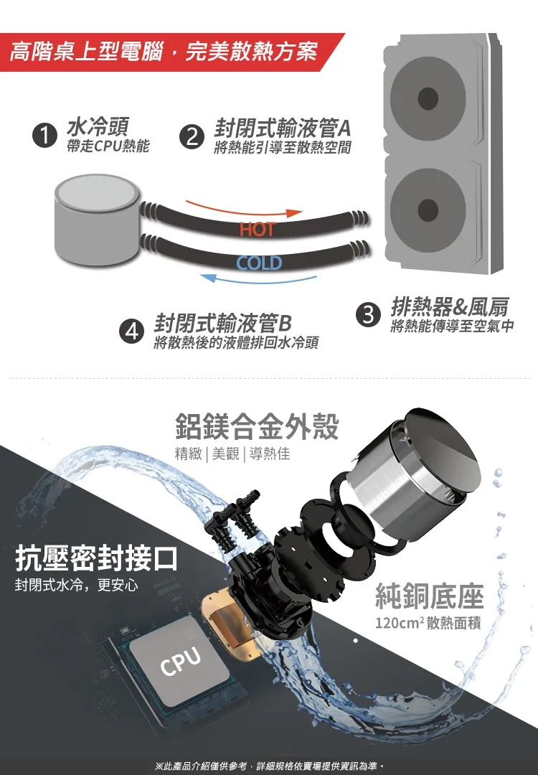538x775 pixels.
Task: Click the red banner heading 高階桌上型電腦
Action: click(x=87, y=52)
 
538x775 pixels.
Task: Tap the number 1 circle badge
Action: click(x=44, y=136)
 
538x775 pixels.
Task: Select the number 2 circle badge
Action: click(x=192, y=137)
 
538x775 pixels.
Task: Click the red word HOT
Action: click(x=257, y=230)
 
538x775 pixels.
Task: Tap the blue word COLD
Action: click(x=259, y=263)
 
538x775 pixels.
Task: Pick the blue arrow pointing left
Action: click(x=260, y=278)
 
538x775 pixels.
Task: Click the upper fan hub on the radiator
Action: click(x=428, y=98)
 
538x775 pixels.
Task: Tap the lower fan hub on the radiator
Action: click(x=428, y=210)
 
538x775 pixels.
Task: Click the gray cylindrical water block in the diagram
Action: click(x=96, y=219)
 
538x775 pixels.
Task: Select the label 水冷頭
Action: click(x=98, y=126)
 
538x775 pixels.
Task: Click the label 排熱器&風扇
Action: click(x=450, y=307)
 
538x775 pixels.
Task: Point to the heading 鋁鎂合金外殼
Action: click(x=257, y=426)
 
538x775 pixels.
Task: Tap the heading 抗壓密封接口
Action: click(x=96, y=558)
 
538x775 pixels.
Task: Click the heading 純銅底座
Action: click(x=429, y=596)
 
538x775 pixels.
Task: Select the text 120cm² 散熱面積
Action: click(x=428, y=622)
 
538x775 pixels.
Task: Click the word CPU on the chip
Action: click(x=181, y=661)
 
